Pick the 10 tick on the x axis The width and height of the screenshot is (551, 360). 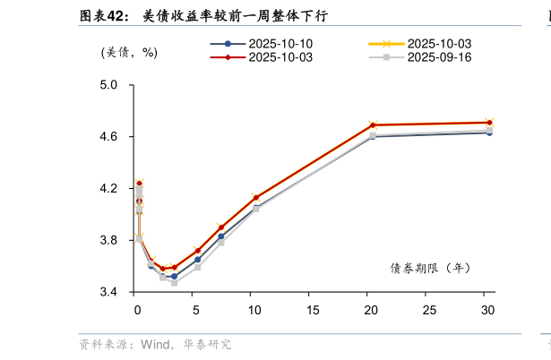click(254, 310)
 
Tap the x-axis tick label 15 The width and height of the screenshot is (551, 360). click(313, 310)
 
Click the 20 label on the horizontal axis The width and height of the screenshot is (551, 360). click(371, 310)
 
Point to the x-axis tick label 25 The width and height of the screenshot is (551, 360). click(430, 310)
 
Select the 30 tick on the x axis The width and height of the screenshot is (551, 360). click(488, 310)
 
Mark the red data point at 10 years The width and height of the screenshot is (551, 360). click(256, 197)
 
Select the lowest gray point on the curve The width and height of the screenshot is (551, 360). click(174, 283)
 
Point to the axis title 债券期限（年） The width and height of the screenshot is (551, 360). click(430, 267)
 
